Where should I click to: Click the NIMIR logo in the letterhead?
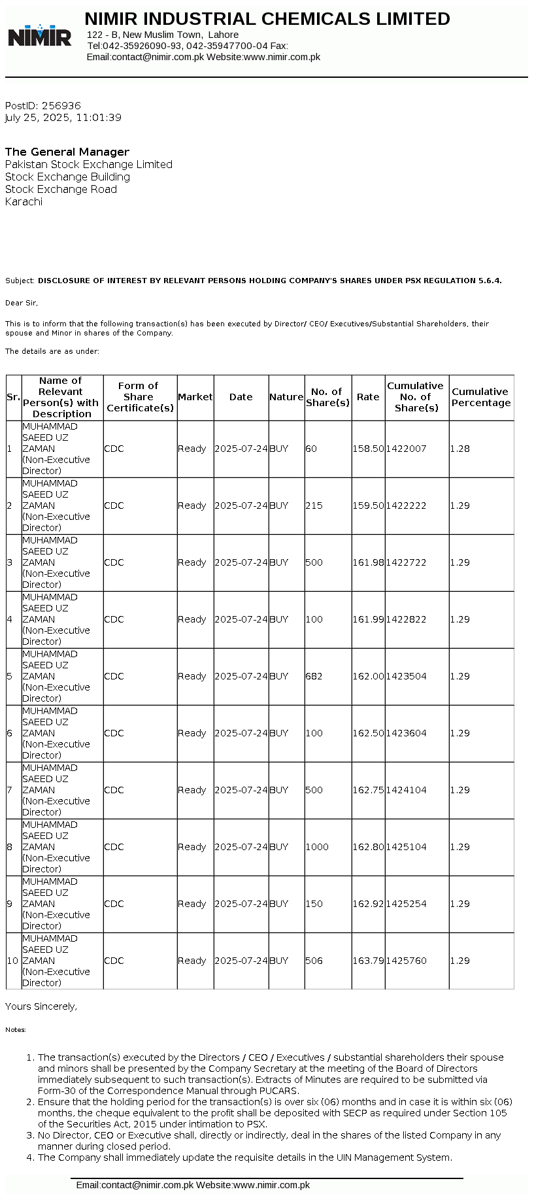pos(39,35)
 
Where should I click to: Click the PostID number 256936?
pos(61,105)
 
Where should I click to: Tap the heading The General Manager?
pos(67,152)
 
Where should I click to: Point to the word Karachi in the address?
pos(24,201)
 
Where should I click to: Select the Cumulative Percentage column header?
pos(481,397)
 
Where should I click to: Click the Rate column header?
pos(368,397)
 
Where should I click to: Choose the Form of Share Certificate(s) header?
pos(140,397)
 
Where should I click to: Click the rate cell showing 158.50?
pos(368,449)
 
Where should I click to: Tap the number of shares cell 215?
pos(314,506)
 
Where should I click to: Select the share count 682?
pos(314,676)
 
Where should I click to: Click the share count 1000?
pos(317,847)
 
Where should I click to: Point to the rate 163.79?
pos(368,961)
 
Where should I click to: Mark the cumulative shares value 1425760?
pos(406,961)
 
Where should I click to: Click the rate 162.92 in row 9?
pos(368,904)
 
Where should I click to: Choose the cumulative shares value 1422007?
pos(406,449)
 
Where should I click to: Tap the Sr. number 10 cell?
pos(13,961)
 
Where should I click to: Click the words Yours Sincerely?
pos(41,1006)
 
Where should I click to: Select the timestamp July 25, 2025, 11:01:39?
pos(63,118)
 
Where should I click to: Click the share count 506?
pos(314,961)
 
